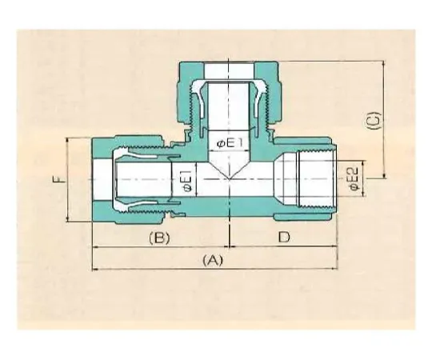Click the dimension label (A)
pyautogui.click(x=212, y=260)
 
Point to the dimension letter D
pyautogui.click(x=283, y=238)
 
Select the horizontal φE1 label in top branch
pyautogui.click(x=230, y=143)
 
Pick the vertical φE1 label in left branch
pyautogui.click(x=186, y=181)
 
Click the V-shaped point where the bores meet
pyautogui.click(x=230, y=178)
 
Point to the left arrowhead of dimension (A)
pyautogui.click(x=96, y=269)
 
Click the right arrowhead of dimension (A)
pyautogui.click(x=344, y=269)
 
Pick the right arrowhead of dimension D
pyautogui.click(x=344, y=248)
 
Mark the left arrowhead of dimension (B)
pyautogui.click(x=96, y=248)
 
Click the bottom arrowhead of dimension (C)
pyautogui.click(x=384, y=178)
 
